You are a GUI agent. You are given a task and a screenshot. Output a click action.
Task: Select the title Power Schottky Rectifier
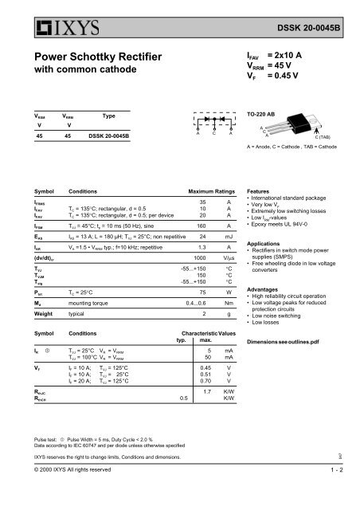(88, 59)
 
